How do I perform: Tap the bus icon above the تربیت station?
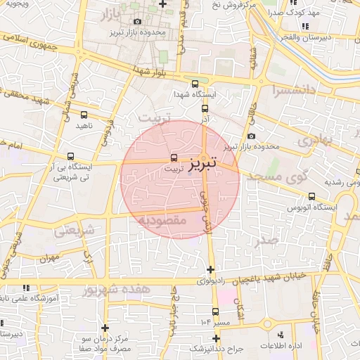pyautogui.click(x=174, y=157)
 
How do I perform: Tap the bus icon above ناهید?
pyautogui.click(x=84, y=114)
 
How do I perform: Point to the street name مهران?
pyautogui.click(x=68, y=259)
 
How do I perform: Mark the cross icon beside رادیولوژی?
pyautogui.click(x=210, y=269)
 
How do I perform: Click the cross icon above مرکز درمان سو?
pyautogui.click(x=105, y=328)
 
